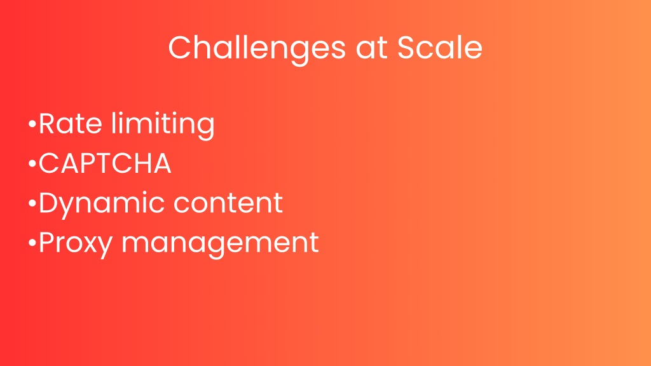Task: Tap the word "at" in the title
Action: pyautogui.click(x=371, y=48)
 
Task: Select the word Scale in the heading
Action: pyautogui.click(x=440, y=47)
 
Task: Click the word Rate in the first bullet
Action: pyautogui.click(x=71, y=123)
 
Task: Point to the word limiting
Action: pyautogui.click(x=163, y=125)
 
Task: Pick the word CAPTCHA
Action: pyautogui.click(x=105, y=163)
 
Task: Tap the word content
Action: pyautogui.click(x=228, y=203)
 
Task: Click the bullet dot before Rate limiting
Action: pyautogui.click(x=32, y=124)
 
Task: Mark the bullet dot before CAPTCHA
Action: pyautogui.click(x=32, y=163)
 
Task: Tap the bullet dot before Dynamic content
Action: pyautogui.click(x=32, y=203)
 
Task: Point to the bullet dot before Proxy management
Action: pyautogui.click(x=32, y=243)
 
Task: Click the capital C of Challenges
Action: pyautogui.click(x=179, y=47)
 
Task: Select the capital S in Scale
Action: pyautogui.click(x=406, y=47)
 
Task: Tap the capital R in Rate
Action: pyautogui.click(x=47, y=123)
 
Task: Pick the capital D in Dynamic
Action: pyautogui.click(x=50, y=203)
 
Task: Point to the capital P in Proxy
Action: pyautogui.click(x=46, y=242)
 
